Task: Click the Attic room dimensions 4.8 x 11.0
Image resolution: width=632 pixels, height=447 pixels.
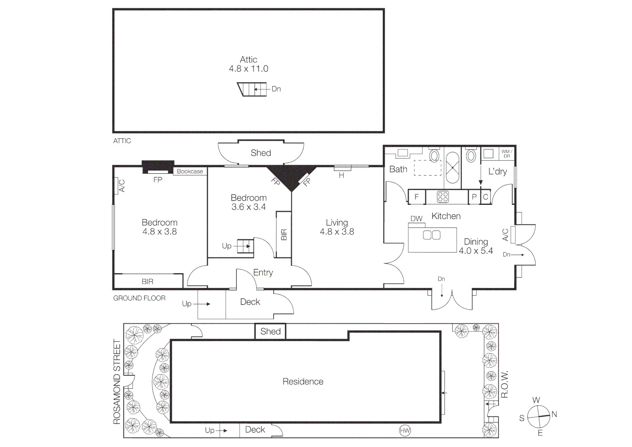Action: (248, 69)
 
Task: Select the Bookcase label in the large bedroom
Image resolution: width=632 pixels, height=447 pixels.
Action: (190, 171)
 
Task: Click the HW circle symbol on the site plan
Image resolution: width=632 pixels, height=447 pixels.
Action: (405, 431)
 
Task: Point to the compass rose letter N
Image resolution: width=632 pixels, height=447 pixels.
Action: (554, 414)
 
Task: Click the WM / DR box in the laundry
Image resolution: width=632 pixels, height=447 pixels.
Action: (506, 154)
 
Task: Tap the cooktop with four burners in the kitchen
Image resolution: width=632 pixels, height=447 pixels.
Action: (443, 197)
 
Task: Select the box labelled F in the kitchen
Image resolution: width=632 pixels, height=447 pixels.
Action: (417, 197)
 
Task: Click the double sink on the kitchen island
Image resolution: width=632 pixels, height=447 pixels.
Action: (432, 235)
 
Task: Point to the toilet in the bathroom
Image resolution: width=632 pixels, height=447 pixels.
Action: (434, 156)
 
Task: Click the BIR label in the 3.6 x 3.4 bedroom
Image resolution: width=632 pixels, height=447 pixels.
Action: (284, 235)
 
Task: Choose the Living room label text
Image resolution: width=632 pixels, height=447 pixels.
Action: (336, 223)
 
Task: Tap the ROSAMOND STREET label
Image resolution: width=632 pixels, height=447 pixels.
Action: (117, 382)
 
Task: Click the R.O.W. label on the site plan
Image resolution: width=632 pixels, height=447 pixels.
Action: (504, 384)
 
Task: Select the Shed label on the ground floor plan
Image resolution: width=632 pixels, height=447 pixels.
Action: (261, 153)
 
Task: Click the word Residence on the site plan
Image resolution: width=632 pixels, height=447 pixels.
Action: (303, 382)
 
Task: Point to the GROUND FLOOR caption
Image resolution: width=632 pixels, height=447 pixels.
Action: (139, 298)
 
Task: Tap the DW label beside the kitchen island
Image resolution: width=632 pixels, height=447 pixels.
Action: (416, 219)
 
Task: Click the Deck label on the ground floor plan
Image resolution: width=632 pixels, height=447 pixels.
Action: (250, 302)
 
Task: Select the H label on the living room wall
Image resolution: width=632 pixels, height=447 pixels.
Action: (341, 175)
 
